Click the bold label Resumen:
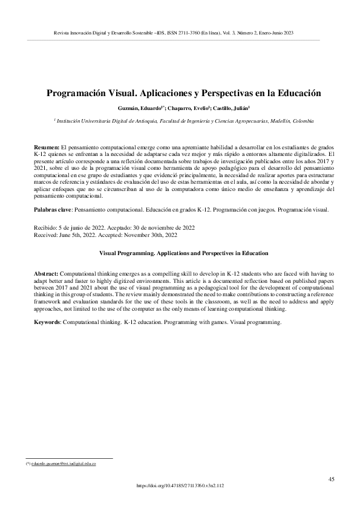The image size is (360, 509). pyautogui.click(x=47, y=147)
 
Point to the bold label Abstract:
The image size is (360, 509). pyautogui.click(x=47, y=273)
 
